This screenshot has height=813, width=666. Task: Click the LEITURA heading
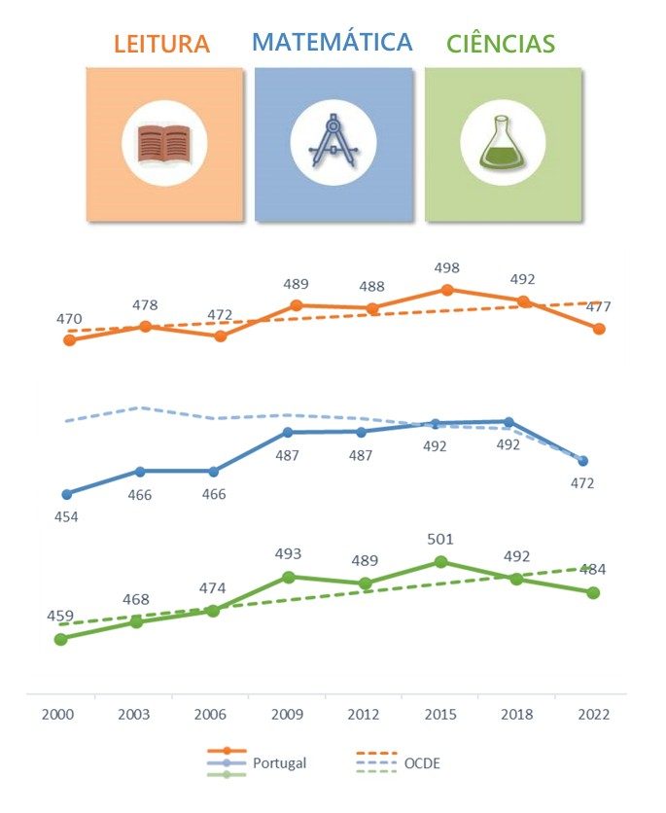click(161, 44)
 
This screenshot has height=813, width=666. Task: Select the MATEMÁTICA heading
click(332, 42)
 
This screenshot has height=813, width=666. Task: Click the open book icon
click(163, 143)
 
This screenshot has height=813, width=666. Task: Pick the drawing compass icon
click(333, 142)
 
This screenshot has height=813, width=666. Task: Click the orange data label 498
click(447, 268)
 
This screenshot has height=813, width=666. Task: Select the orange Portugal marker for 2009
click(296, 305)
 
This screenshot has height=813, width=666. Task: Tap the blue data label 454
click(66, 516)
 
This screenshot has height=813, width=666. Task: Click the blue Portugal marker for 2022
click(582, 461)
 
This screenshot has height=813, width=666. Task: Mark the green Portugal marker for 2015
click(440, 562)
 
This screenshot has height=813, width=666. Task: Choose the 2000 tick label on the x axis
click(58, 714)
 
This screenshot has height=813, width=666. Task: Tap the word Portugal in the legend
click(279, 763)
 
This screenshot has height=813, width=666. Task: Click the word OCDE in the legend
click(422, 763)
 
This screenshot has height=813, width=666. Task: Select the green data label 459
click(60, 617)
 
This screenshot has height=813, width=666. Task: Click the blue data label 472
click(581, 483)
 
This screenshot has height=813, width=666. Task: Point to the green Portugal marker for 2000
click(60, 639)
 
